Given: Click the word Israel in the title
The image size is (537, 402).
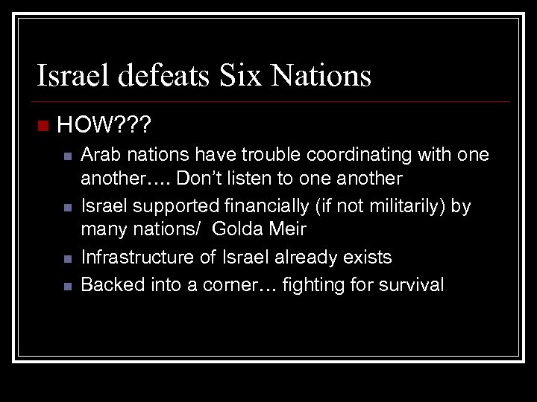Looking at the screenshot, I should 71,76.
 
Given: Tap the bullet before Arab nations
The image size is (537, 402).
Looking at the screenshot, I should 66,156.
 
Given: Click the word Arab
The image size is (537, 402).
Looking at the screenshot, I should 99,155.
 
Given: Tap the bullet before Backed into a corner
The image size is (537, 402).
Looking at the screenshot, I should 66,285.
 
